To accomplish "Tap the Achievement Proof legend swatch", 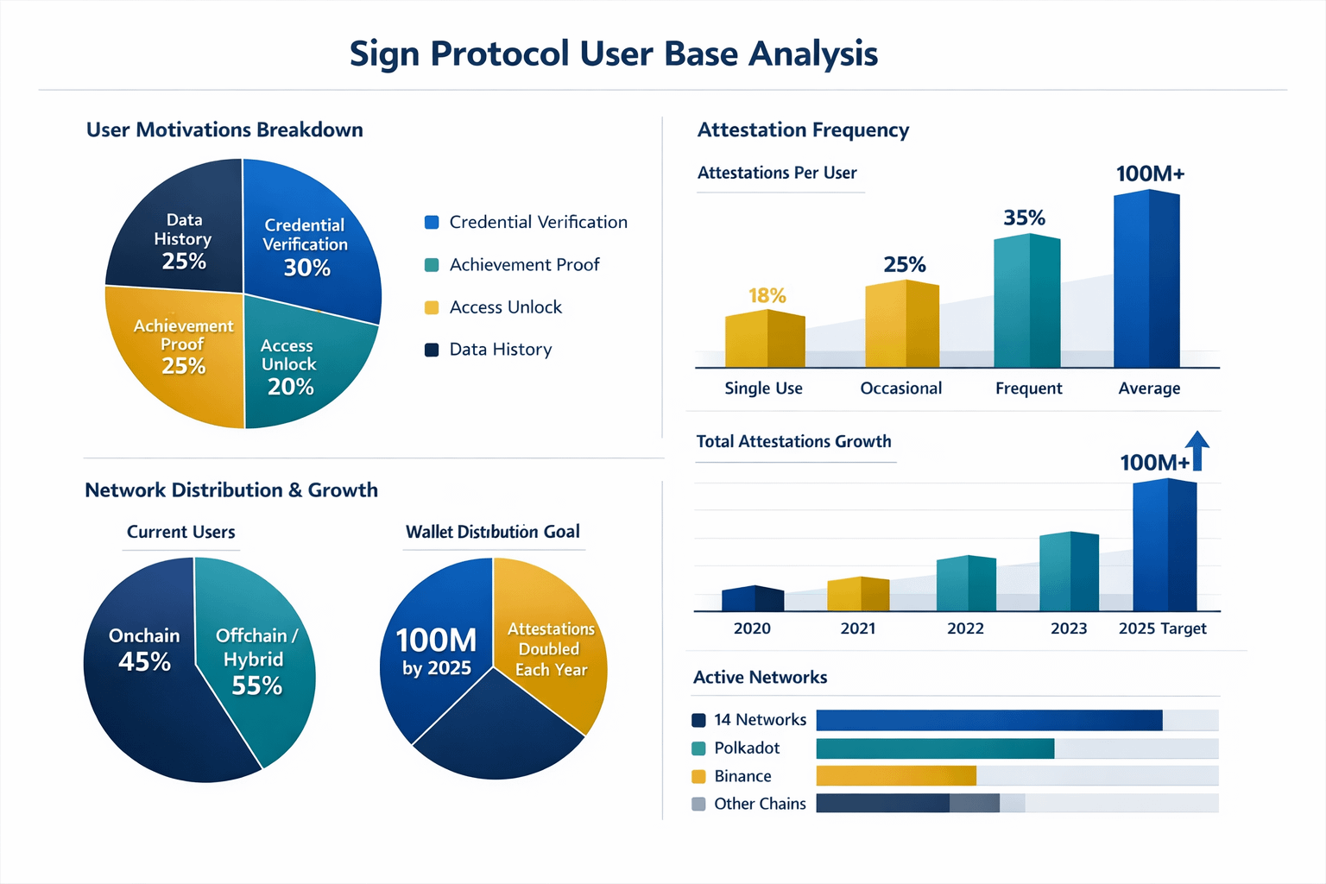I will pyautogui.click(x=432, y=265).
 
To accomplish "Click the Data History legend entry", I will pyautogui.click(x=500, y=350).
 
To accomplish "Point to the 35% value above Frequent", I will pyautogui.click(x=1024, y=218).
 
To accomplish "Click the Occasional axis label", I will pyautogui.click(x=900, y=388).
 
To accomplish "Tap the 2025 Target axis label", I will pyautogui.click(x=1162, y=628).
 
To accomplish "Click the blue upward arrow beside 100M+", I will pyautogui.click(x=1197, y=449).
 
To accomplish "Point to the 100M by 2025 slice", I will pyautogui.click(x=436, y=652).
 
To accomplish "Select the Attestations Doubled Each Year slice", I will pyautogui.click(x=551, y=649).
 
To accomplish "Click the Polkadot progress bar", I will pyautogui.click(x=935, y=748).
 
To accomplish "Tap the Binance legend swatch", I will pyautogui.click(x=699, y=776).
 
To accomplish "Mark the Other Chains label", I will pyautogui.click(x=760, y=804).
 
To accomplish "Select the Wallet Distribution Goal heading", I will pyautogui.click(x=493, y=532).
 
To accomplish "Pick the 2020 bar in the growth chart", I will pyautogui.click(x=752, y=598).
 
